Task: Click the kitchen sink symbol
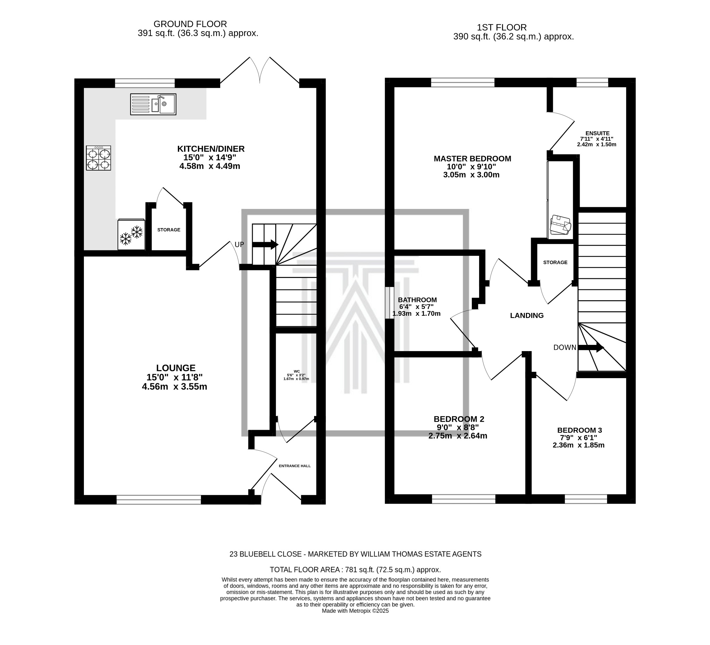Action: tap(153, 105)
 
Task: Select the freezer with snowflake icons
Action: tap(131, 235)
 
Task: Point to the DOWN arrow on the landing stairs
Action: tap(591, 348)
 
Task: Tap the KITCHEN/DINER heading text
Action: tap(210, 149)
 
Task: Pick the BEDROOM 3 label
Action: tap(579, 430)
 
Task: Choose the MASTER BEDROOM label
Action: tap(472, 159)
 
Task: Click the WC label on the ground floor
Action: tap(296, 372)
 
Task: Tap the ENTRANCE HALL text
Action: tap(295, 466)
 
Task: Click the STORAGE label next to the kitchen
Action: tap(169, 230)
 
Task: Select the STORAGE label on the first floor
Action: tap(555, 263)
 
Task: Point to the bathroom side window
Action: tap(389, 303)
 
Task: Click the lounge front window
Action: tap(159, 500)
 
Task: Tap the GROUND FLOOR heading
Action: tap(190, 24)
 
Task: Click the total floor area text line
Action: tap(355, 570)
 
